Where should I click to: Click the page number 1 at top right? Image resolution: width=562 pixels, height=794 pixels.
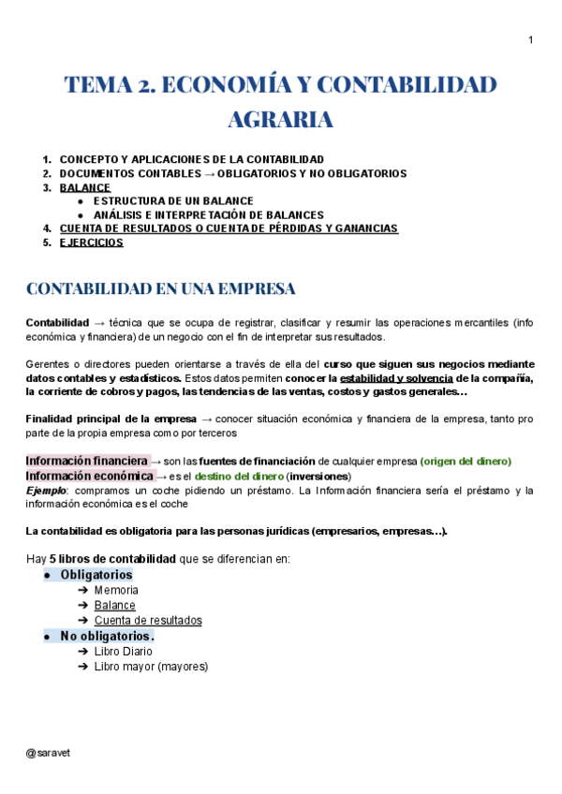[x=530, y=39]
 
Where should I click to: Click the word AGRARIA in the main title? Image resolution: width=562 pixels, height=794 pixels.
[x=280, y=121]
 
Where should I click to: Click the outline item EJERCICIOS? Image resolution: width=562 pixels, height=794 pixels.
[x=91, y=242]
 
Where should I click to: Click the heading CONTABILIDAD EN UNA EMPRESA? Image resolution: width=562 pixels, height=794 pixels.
[x=161, y=287]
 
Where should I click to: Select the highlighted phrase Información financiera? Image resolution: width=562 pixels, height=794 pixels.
[x=86, y=461]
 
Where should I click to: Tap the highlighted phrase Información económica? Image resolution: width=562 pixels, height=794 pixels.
[x=88, y=476]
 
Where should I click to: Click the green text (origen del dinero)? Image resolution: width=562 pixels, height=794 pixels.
[x=466, y=462]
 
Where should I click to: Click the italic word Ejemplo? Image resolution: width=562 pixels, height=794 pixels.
[x=46, y=491]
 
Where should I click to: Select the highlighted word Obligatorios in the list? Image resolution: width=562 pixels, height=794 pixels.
[x=96, y=574]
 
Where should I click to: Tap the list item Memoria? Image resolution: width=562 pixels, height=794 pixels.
[x=116, y=590]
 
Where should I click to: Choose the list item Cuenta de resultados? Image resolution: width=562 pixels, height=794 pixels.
[x=148, y=620]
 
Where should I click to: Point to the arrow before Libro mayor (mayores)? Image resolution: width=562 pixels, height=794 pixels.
[x=84, y=667]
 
